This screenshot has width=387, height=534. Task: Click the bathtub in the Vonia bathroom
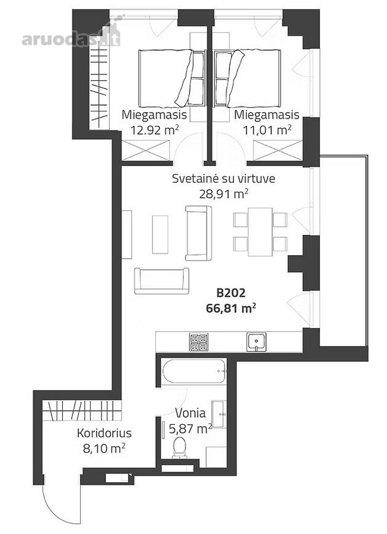[194, 371]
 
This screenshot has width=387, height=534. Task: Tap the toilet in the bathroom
[179, 447]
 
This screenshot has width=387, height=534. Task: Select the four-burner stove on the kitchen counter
[199, 342]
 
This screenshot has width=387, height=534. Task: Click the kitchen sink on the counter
[257, 342]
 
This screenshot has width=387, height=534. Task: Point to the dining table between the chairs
[260, 232]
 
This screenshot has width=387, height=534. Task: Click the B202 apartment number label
[231, 293]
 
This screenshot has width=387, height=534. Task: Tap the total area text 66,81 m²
[231, 309]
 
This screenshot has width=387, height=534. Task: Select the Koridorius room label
[104, 434]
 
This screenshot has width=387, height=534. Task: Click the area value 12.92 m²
[155, 130]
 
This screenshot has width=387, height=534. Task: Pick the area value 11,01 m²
[267, 130]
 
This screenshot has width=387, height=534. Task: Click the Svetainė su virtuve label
[223, 179]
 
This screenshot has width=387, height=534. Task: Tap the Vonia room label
[190, 413]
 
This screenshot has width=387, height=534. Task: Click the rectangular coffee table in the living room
[160, 234]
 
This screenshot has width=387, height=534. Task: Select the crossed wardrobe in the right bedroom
[277, 150]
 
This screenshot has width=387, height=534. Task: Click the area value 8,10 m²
[104, 449]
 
